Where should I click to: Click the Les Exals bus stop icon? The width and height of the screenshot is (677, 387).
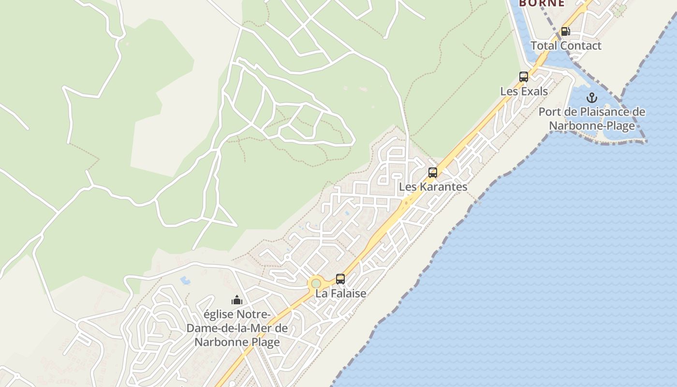coord(523,76)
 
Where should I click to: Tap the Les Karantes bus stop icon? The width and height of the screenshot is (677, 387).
coord(433,172)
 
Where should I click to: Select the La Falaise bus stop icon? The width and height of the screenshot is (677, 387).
coord(340,279)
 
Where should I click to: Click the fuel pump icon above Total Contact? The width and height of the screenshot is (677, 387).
coord(565,31)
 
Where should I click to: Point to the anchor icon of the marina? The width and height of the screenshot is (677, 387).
coord(592,98)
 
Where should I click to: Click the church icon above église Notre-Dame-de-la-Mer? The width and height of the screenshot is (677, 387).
coord(236,300)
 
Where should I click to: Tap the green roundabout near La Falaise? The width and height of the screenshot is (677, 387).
coord(316,283)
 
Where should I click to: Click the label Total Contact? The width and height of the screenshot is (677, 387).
coord(566,46)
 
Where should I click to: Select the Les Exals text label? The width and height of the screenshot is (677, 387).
coord(524,91)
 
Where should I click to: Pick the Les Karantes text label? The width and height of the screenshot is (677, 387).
coord(433,187)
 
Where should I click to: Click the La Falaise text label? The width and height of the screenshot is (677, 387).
coord(340,294)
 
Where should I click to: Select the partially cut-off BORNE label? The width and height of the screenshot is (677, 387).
coord(542,3)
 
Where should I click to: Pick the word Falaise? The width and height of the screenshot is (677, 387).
coord(347,294)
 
